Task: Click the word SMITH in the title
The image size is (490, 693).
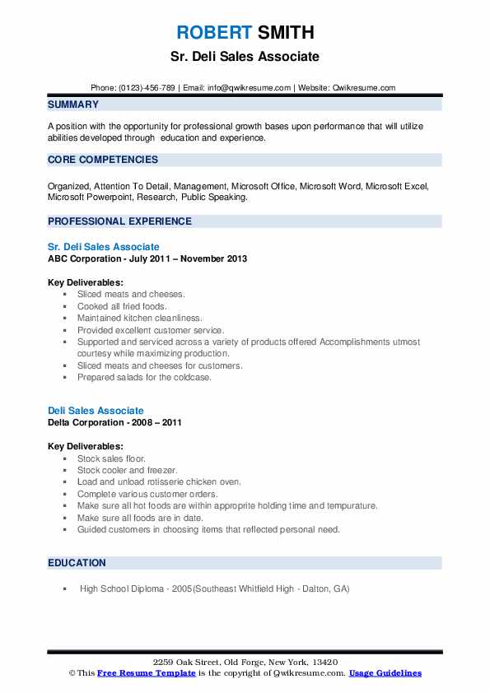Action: [284, 33]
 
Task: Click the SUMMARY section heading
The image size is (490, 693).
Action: [73, 105]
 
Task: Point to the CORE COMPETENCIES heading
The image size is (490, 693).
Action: [103, 160]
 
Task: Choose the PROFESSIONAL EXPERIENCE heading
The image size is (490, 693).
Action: [119, 221]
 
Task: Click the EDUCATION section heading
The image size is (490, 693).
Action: [77, 563]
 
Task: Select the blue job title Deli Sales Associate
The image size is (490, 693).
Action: [96, 411]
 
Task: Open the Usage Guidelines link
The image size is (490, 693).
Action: [385, 673]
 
